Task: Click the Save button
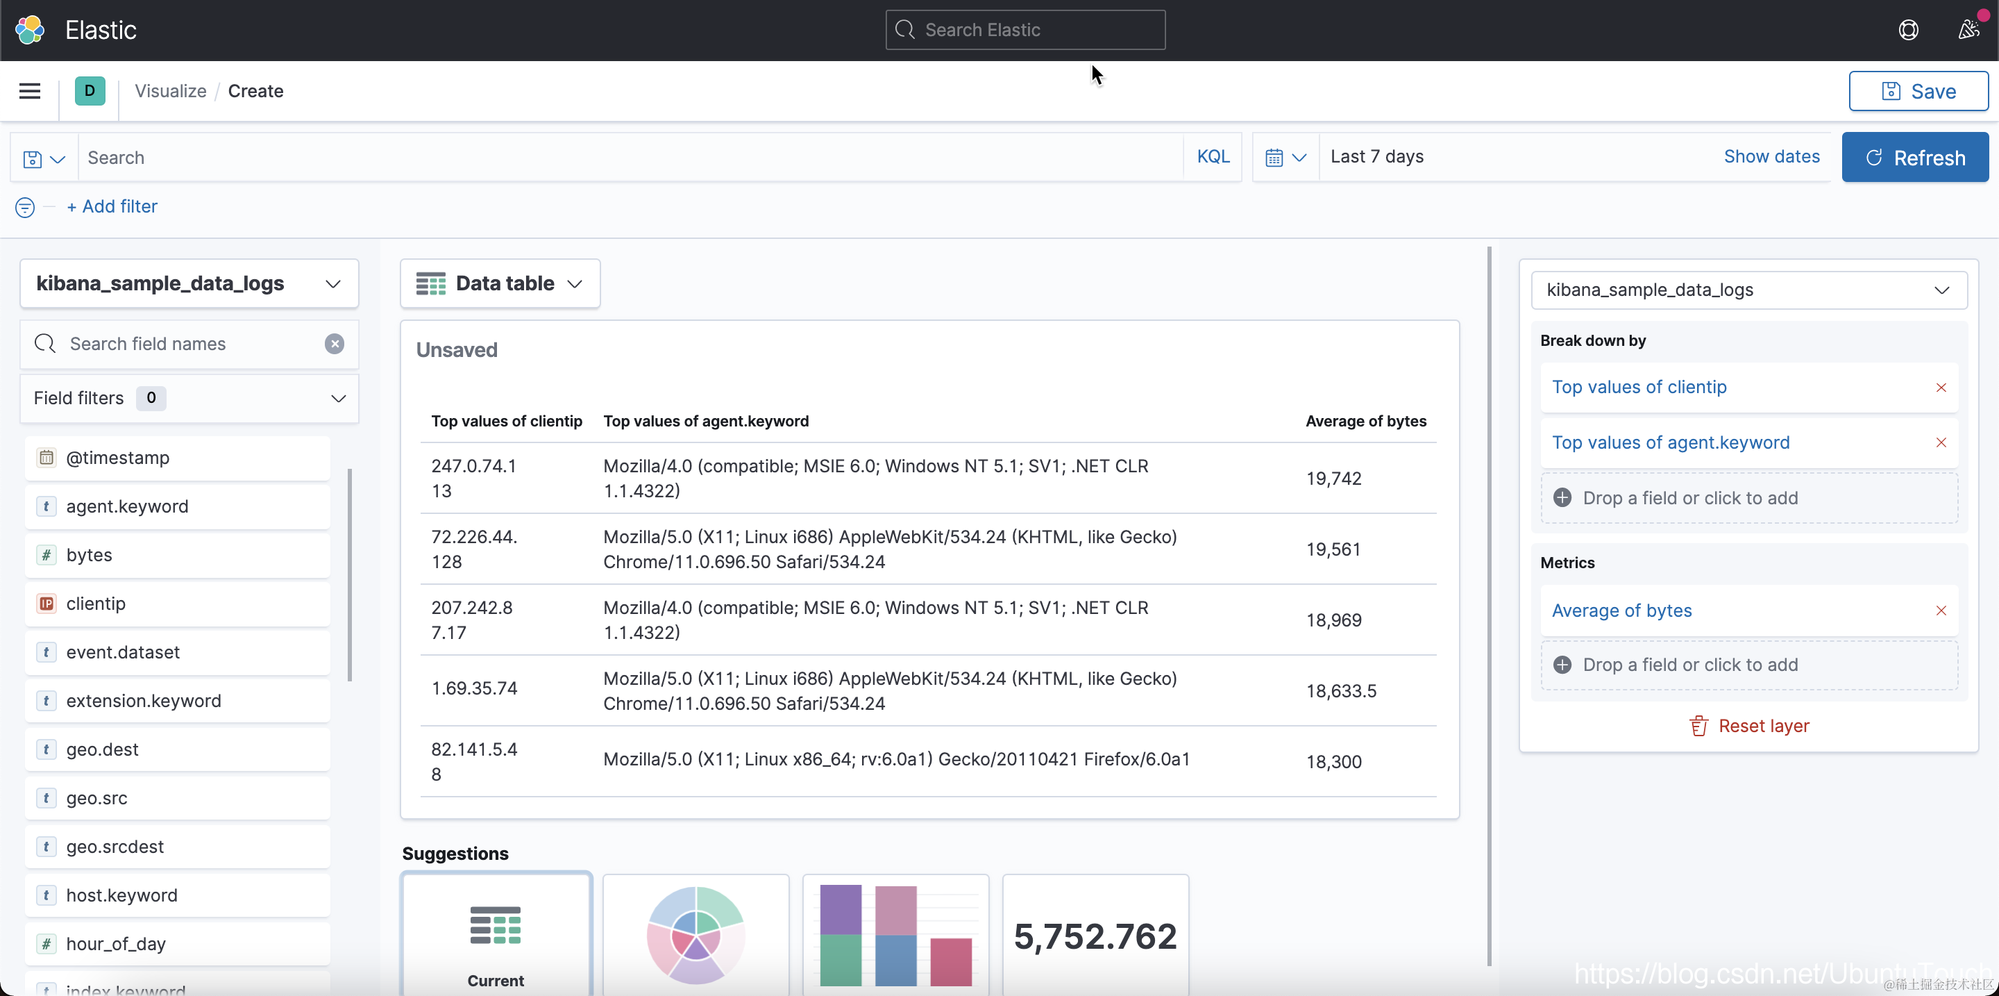coord(1918,91)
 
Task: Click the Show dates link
coord(1771,156)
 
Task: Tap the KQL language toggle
coord(1213,156)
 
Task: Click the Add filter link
coord(112,206)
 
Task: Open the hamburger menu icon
coord(29,91)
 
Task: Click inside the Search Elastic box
coord(1025,29)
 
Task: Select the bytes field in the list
coord(178,555)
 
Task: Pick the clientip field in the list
coord(178,604)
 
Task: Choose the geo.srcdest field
coord(178,847)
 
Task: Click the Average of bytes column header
coord(1366,421)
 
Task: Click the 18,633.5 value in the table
coord(1341,691)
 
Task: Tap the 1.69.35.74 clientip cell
coord(474,688)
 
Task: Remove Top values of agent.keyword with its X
coord(1941,442)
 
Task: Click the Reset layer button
coord(1749,726)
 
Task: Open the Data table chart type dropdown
coord(500,283)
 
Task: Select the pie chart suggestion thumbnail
coord(696,935)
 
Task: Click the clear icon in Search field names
coord(335,344)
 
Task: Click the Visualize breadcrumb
coord(171,91)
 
